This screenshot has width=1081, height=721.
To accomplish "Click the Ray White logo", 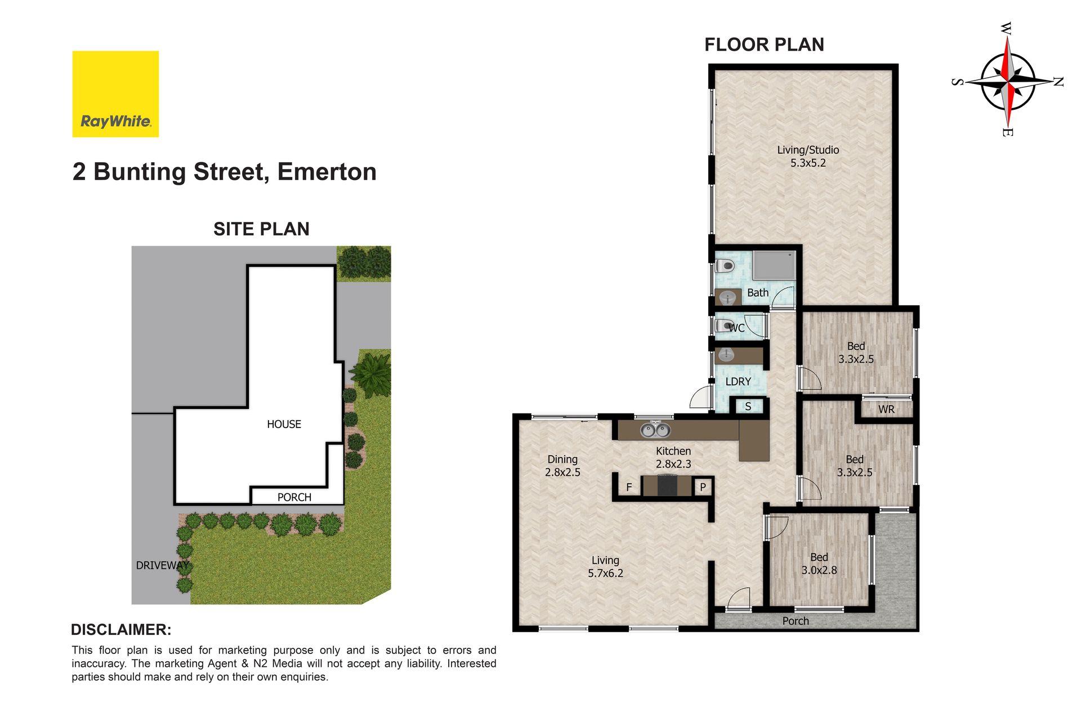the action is click(x=115, y=94).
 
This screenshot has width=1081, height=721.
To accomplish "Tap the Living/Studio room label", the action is click(x=808, y=157).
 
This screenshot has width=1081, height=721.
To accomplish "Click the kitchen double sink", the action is click(x=655, y=430).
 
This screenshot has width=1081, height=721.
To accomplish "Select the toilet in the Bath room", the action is click(x=725, y=265).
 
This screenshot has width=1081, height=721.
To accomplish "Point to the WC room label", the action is click(x=737, y=328).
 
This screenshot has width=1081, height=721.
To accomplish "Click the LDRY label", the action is click(x=738, y=381).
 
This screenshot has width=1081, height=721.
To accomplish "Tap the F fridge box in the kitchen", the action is click(x=629, y=487).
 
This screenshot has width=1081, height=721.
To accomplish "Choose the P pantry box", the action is click(x=703, y=487).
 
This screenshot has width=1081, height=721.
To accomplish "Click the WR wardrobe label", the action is click(x=886, y=410).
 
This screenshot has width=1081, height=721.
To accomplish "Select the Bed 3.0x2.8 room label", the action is click(x=819, y=564).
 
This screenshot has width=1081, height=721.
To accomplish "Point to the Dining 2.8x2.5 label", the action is click(x=562, y=466).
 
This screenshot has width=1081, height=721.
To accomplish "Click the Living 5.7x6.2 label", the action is click(x=605, y=567).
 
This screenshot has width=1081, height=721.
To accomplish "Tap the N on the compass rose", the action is click(x=1058, y=82).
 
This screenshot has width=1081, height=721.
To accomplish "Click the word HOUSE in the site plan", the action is click(x=284, y=424).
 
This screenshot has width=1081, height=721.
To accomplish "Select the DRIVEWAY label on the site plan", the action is click(x=162, y=566).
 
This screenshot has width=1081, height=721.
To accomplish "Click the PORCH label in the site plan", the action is click(x=294, y=497).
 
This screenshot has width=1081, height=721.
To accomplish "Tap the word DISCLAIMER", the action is click(x=121, y=630).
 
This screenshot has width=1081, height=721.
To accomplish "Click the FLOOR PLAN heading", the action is click(x=764, y=44).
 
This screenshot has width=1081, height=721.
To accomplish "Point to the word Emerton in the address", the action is click(x=327, y=172).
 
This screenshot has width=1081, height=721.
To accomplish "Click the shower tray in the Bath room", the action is click(x=775, y=265).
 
